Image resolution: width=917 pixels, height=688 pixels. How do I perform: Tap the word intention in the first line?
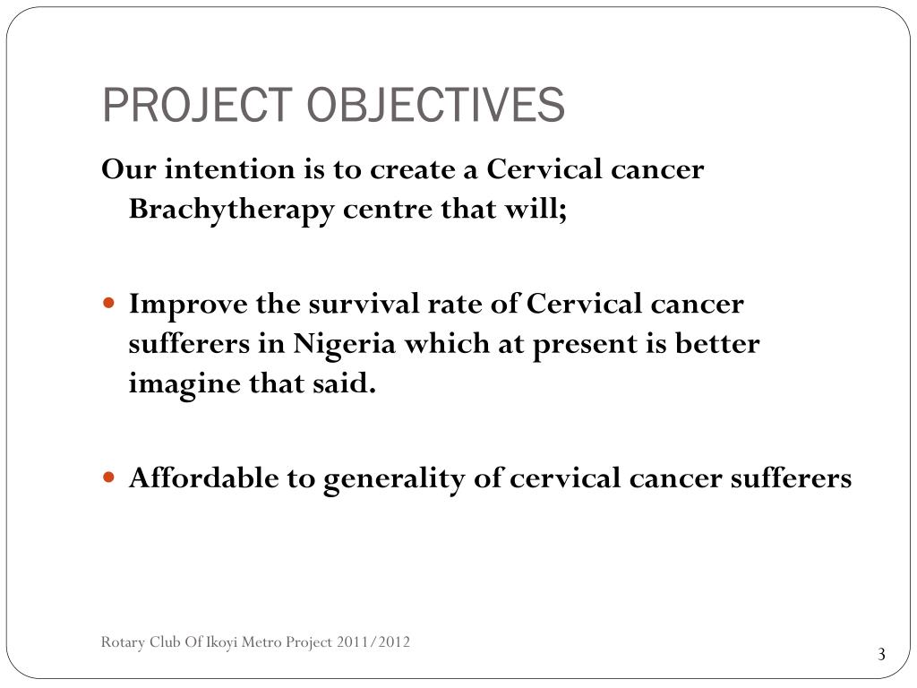219,169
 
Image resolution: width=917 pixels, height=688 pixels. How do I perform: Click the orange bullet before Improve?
109,305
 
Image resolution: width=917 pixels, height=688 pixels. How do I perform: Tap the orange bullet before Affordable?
109,478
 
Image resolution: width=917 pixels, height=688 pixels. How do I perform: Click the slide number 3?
881,655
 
